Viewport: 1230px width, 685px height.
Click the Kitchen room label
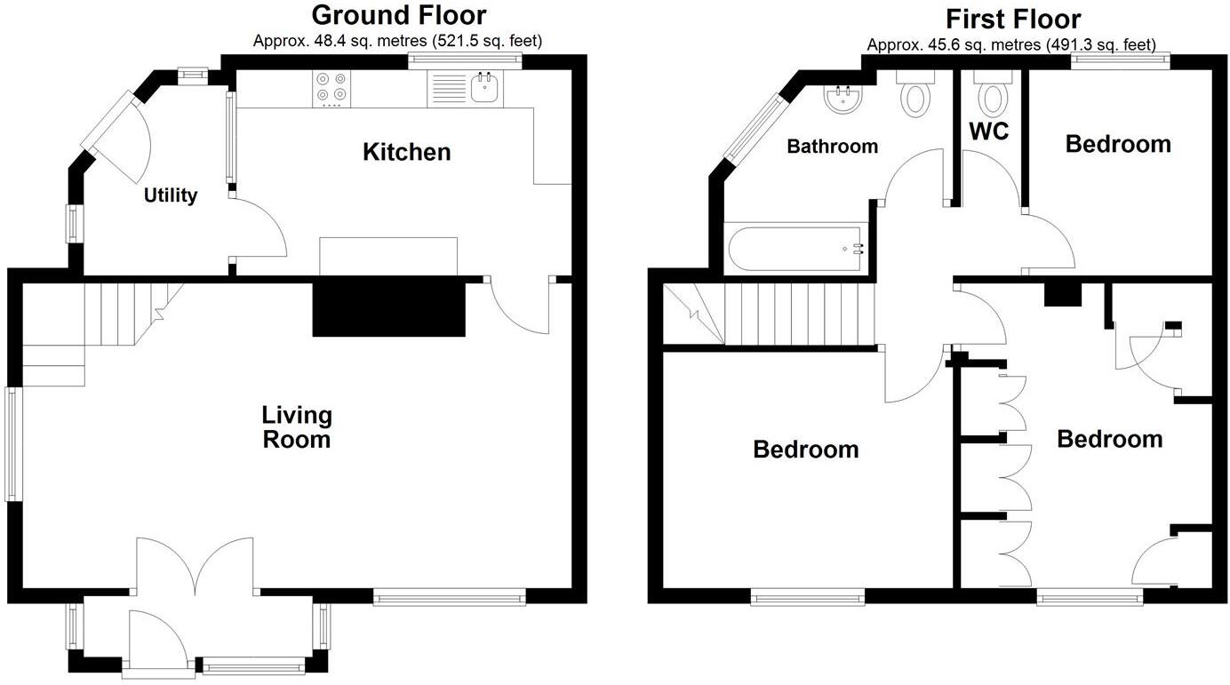tap(407, 152)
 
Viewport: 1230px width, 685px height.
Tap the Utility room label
tap(171, 195)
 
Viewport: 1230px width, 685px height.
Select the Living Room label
tap(297, 427)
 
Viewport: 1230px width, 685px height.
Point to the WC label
tap(989, 131)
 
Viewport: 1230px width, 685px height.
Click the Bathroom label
tap(833, 147)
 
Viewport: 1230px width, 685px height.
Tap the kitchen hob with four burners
tap(331, 89)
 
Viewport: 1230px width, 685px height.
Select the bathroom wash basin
tap(841, 99)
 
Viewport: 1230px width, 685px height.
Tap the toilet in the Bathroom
tap(916, 94)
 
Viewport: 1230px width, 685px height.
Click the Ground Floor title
tap(399, 15)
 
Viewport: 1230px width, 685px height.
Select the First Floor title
tap(1012, 19)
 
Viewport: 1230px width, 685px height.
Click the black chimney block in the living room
tap(389, 307)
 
